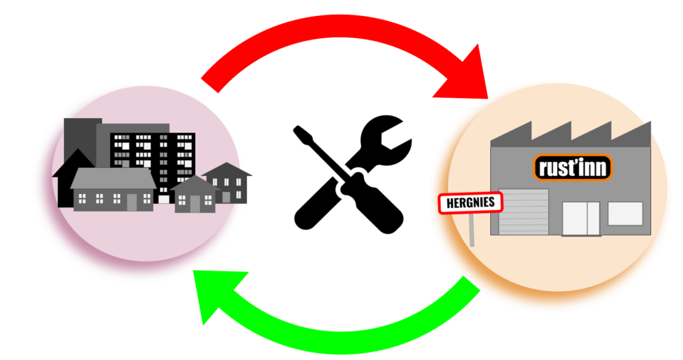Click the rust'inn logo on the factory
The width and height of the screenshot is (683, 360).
(572, 167)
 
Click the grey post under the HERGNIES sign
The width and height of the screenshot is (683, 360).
(472, 229)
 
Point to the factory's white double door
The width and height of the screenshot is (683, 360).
(581, 218)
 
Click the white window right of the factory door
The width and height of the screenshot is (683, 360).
(625, 213)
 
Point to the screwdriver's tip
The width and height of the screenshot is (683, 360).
(297, 131)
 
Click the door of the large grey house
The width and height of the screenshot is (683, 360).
(131, 201)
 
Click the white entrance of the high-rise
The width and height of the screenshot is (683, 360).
(163, 198)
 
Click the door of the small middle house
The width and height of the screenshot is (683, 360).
(194, 203)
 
